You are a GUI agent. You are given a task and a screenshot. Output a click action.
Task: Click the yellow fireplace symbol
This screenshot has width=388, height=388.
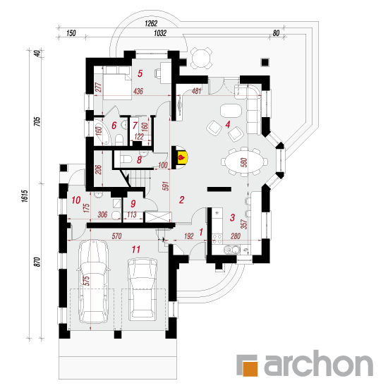[182, 157]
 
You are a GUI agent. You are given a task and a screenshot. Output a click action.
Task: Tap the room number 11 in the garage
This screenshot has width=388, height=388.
[136, 249]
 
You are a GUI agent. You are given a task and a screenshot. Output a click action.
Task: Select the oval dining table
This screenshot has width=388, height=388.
[244, 162]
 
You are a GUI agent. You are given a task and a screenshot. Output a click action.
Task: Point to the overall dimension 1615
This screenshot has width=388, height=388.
[25, 196]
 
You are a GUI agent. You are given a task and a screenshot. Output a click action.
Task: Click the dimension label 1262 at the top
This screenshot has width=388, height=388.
[151, 23]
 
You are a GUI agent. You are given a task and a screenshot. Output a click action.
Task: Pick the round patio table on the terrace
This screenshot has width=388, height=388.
[201, 58]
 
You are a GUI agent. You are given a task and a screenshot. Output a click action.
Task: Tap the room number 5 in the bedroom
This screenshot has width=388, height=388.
[140, 73]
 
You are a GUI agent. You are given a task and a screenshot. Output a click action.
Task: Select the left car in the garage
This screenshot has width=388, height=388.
[93, 281]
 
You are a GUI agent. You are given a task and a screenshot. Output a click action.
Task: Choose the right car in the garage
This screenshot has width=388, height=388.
[143, 289]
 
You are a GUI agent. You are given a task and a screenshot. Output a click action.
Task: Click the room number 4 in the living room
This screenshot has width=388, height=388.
[228, 124]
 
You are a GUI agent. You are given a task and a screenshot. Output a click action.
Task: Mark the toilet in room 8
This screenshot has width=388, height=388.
[126, 159]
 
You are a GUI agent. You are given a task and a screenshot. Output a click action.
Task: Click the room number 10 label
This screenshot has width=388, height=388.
[76, 200]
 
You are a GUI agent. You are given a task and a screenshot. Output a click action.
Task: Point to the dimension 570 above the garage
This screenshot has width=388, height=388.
[116, 236]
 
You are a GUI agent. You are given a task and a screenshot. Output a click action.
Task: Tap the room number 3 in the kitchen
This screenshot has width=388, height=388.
[232, 217]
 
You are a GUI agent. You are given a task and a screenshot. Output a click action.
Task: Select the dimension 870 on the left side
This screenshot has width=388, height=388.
[37, 262]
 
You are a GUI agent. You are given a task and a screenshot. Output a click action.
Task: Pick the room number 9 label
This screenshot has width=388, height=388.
[133, 204]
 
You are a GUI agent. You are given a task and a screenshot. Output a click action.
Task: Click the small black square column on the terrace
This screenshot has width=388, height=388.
[265, 62]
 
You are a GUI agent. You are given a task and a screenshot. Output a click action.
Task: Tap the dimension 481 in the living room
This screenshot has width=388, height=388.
[197, 91]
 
